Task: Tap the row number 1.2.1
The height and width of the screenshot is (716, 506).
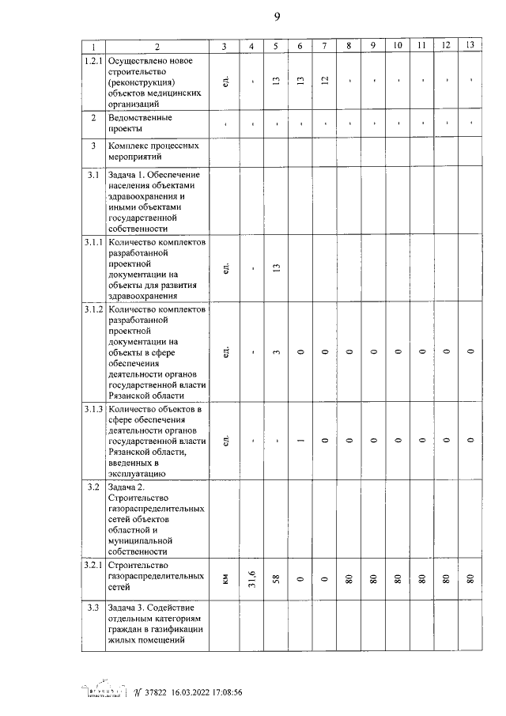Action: tap(93, 61)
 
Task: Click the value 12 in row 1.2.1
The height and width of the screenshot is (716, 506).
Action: tap(324, 81)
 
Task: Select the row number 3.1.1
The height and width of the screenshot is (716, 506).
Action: tap(93, 241)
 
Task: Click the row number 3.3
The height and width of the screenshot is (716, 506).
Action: tap(93, 607)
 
